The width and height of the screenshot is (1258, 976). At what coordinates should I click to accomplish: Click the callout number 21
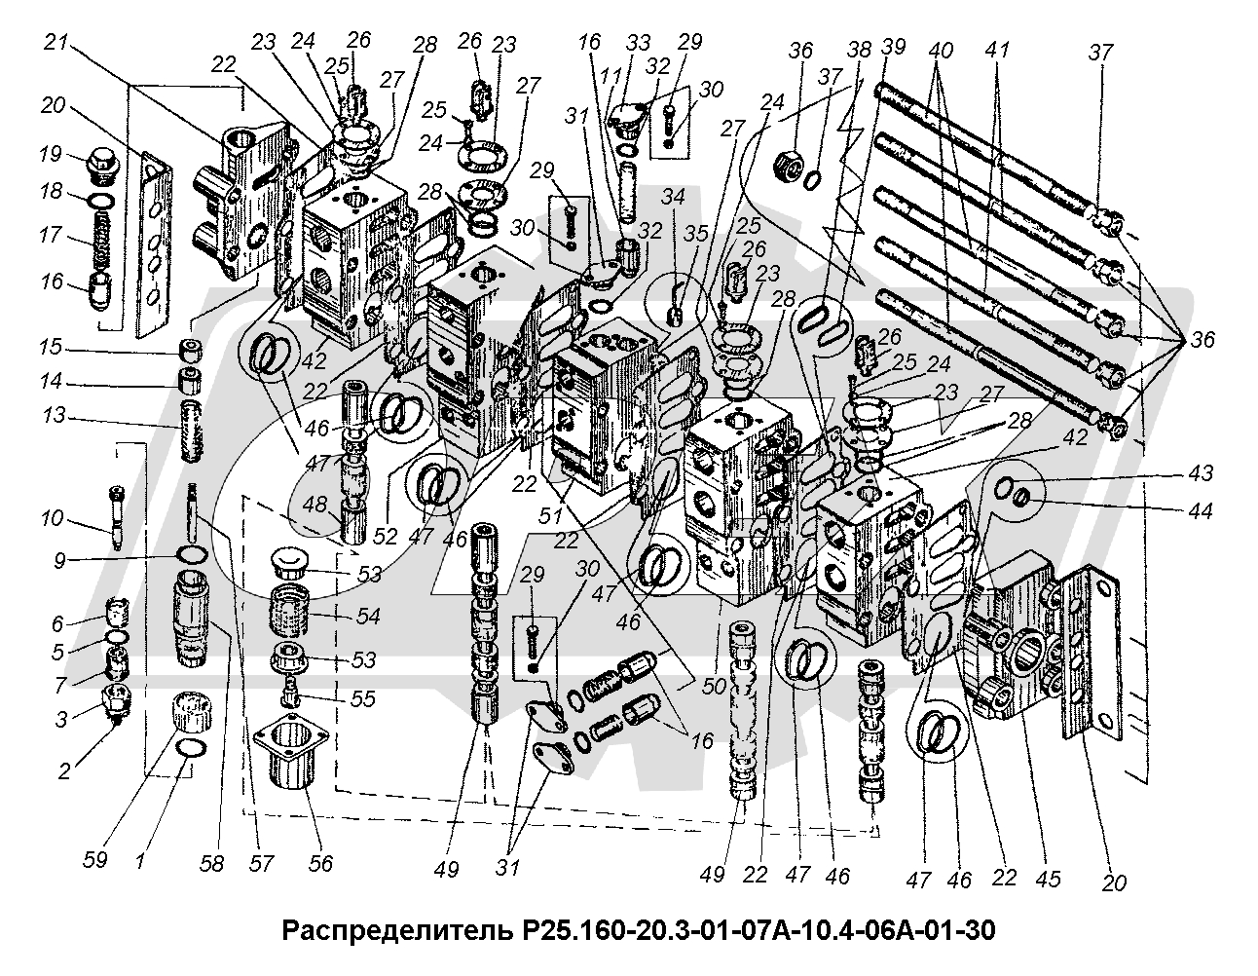[55, 45]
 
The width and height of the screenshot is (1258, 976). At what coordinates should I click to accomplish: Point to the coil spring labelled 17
[101, 236]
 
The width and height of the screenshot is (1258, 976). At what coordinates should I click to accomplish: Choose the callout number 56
[319, 862]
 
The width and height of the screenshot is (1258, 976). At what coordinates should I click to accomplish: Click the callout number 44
[1201, 510]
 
